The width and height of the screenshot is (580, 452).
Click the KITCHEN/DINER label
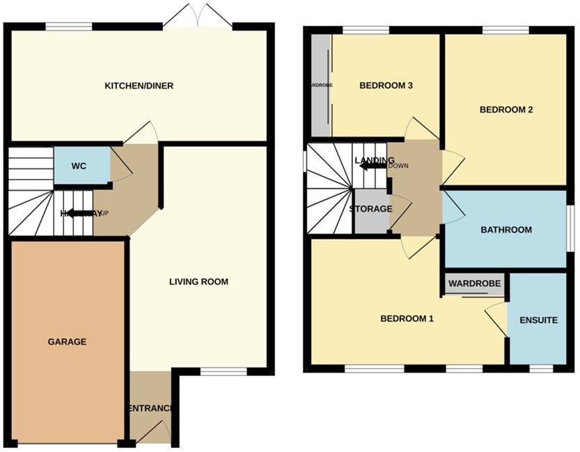[x=139, y=86]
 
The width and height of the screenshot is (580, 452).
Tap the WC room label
[x=79, y=167]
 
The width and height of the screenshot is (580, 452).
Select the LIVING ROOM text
[x=198, y=282]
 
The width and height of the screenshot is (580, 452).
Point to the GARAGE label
[x=67, y=341]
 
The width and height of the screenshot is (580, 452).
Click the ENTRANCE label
[x=150, y=408]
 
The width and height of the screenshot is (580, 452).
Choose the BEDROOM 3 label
[x=386, y=86]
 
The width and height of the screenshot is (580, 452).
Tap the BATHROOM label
[x=507, y=230]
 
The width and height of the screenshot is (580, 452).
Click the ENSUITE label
[x=538, y=320]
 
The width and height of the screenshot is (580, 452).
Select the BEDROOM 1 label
[x=407, y=319]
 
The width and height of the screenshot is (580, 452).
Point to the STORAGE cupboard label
[x=371, y=209]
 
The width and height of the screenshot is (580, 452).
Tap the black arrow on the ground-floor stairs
[x=80, y=213]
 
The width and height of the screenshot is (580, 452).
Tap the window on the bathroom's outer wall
[x=570, y=227]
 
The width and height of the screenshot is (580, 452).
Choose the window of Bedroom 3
[x=365, y=29]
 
